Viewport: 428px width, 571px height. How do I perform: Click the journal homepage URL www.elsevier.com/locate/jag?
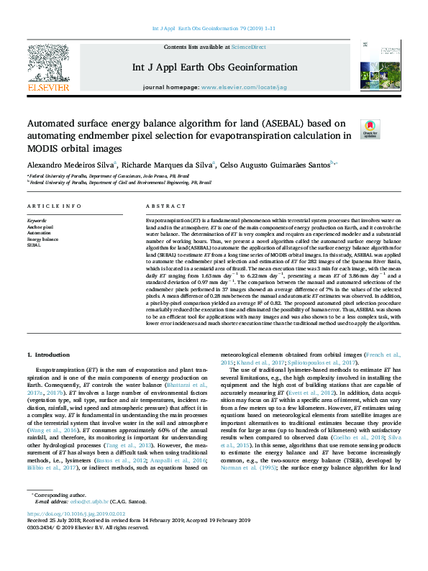(243, 86)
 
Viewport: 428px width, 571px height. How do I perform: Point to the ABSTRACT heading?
(160, 206)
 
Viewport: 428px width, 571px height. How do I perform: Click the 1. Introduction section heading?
(48, 355)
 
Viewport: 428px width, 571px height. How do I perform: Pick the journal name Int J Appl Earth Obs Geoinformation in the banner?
(214, 68)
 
